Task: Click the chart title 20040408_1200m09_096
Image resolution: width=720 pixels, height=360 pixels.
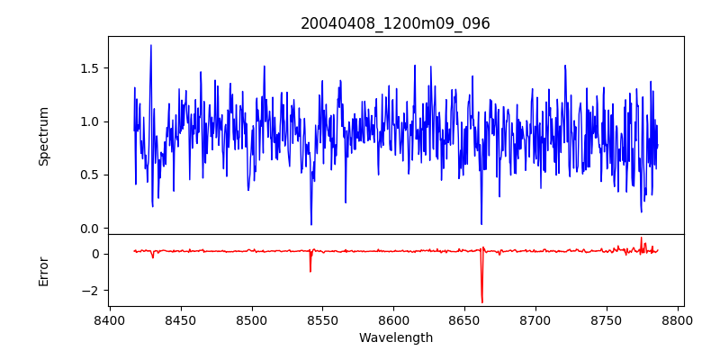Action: coord(395,23)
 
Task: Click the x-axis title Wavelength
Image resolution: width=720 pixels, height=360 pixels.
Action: coord(395,337)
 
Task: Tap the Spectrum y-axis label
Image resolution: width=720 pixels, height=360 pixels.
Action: coord(44,136)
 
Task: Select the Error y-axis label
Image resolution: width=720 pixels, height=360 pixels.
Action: coord(44,271)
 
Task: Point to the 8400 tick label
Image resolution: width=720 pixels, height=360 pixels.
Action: coord(110,319)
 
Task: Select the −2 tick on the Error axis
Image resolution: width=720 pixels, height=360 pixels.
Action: coord(93,291)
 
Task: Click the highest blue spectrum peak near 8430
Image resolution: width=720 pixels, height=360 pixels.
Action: coord(151,45)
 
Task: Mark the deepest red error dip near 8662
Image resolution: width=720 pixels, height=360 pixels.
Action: coord(481,301)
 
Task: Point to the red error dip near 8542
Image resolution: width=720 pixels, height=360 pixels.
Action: coord(310,271)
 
